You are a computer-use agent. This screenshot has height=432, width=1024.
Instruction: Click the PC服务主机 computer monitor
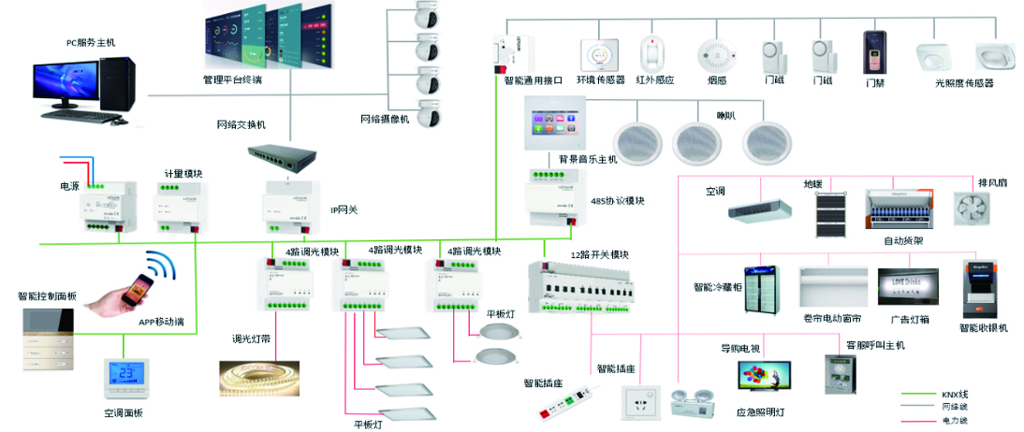[x=67, y=82]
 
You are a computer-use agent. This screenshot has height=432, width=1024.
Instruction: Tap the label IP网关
[x=344, y=209]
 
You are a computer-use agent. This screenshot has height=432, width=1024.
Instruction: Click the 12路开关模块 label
[x=599, y=255]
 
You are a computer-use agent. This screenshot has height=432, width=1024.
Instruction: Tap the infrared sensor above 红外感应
[x=653, y=53]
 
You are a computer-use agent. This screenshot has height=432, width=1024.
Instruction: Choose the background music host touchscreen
[x=559, y=122]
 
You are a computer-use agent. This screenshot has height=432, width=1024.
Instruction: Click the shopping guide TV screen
[x=763, y=376]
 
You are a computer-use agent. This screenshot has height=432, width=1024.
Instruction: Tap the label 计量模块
[x=183, y=174]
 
